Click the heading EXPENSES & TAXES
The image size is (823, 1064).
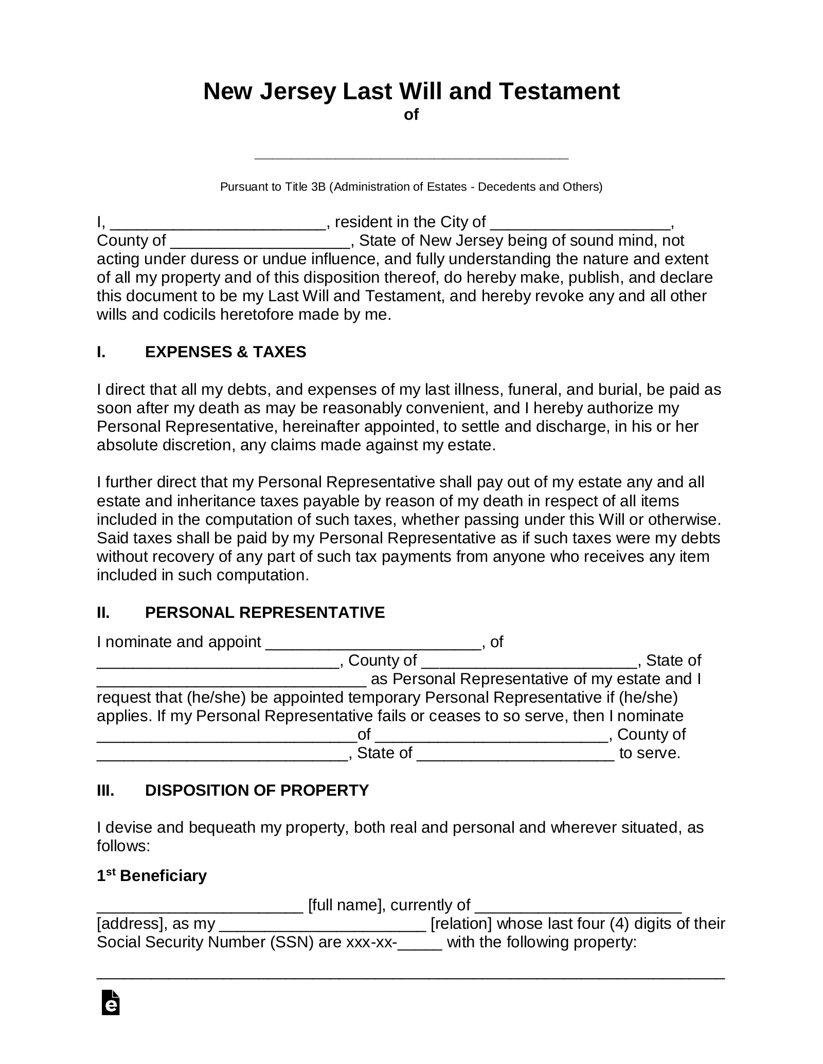[x=225, y=352]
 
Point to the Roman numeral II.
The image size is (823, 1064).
[x=103, y=612]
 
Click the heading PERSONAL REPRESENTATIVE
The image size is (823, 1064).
[x=265, y=612]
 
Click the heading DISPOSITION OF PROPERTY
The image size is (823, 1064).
[x=257, y=790]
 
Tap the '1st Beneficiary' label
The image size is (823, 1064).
[x=152, y=875]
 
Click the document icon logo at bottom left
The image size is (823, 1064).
[x=111, y=1017]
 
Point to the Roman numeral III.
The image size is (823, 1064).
[x=105, y=790]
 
